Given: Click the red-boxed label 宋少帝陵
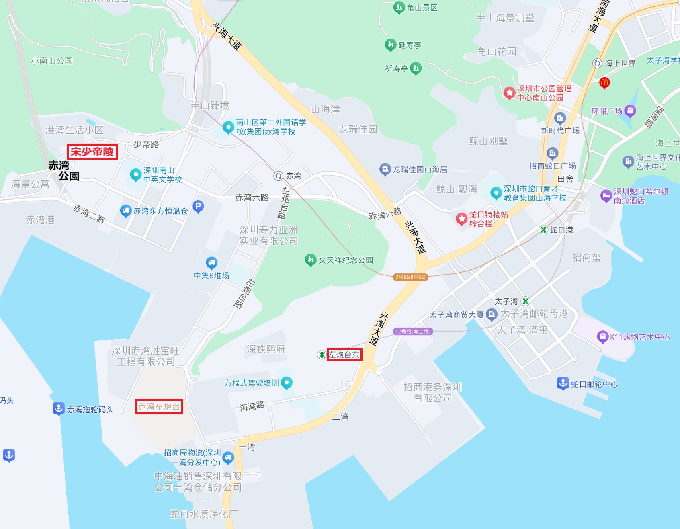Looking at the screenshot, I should [92, 152].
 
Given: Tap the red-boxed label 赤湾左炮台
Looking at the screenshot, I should [159, 407].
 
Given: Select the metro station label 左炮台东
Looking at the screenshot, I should [344, 355].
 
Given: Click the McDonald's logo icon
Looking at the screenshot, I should [604, 83].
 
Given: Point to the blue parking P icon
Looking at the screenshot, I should [198, 207].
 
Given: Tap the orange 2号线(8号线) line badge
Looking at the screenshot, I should [410, 277].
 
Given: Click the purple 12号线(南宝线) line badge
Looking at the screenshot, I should [413, 332].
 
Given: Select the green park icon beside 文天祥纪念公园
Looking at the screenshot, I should [310, 260].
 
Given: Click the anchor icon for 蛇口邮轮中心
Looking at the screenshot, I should [563, 383].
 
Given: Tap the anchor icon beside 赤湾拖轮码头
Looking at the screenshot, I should [59, 408].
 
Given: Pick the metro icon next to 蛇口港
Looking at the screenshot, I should [543, 230].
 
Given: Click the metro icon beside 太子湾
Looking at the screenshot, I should [525, 301].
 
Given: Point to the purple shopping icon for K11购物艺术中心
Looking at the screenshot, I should [602, 336].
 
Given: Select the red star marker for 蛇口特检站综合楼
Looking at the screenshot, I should [461, 219].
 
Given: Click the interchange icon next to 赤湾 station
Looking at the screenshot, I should [279, 176].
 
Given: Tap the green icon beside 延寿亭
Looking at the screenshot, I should [391, 45].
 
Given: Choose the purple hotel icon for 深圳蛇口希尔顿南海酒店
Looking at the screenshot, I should [606, 196].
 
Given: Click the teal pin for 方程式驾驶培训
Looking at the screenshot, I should [287, 383].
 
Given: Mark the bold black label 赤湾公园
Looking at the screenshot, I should [63, 171].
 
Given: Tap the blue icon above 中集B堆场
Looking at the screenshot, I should [211, 263].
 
